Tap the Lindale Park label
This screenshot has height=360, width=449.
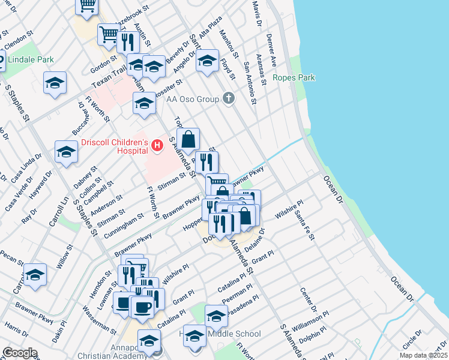coord(30,59)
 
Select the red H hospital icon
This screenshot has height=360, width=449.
coord(157,145)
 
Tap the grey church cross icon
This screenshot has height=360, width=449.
coord(228,98)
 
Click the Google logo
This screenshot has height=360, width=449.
coord(19,353)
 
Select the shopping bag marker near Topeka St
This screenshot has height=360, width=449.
coord(188,139)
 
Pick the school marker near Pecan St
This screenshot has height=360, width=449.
coord(35,275)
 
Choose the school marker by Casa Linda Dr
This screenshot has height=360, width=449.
coord(66,152)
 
